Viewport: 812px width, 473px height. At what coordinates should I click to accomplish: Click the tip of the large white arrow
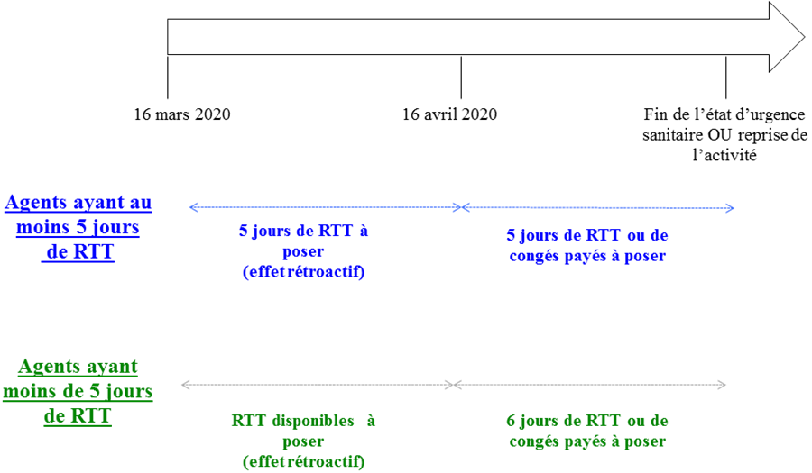(x=801, y=37)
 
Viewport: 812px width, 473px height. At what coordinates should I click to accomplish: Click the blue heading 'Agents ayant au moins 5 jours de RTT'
(x=78, y=226)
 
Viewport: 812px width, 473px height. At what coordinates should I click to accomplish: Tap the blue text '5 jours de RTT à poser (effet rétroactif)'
(x=303, y=251)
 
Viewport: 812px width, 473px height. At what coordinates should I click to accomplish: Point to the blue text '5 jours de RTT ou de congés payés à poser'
(x=587, y=245)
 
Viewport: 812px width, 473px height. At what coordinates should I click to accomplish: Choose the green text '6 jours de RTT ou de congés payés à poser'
(x=587, y=431)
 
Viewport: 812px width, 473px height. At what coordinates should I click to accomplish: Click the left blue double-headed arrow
(x=325, y=207)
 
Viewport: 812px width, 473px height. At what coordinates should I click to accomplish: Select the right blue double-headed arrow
(x=598, y=208)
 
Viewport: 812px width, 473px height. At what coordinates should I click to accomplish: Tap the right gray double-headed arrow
(x=590, y=385)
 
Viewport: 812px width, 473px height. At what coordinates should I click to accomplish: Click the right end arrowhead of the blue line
(x=734, y=208)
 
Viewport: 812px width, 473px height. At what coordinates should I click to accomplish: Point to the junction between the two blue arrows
(x=461, y=207)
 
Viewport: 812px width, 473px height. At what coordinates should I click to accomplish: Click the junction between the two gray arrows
(x=452, y=385)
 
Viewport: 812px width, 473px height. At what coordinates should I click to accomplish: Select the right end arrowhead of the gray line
(x=725, y=385)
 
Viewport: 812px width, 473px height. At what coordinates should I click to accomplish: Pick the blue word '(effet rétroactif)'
(x=303, y=272)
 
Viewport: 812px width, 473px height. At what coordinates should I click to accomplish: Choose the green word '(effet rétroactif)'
(x=303, y=461)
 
